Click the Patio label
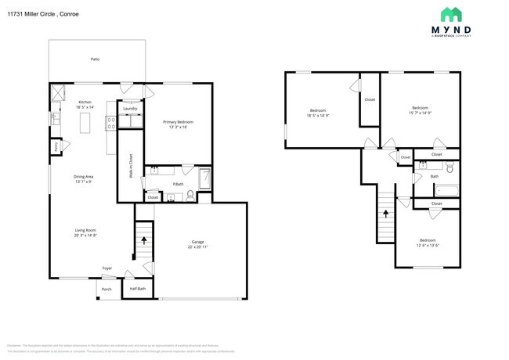click(x=95, y=59)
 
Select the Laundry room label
click(x=130, y=109)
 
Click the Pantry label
click(x=56, y=146)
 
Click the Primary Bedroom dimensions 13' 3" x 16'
click(x=178, y=128)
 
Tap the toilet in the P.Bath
click(x=190, y=196)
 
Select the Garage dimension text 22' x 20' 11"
click(x=198, y=247)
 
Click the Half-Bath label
click(x=138, y=289)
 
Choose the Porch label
click(x=106, y=289)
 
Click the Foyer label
click(x=107, y=268)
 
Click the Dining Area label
click(x=85, y=177)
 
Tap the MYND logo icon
click(x=451, y=14)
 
